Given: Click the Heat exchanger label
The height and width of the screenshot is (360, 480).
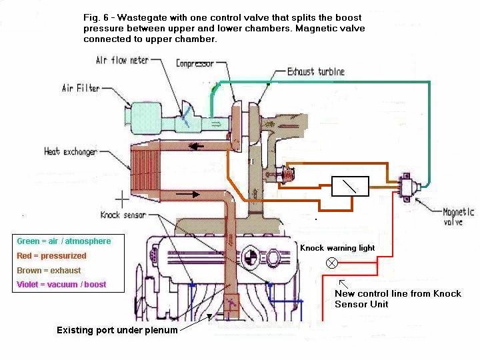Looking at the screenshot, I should pos(71,151).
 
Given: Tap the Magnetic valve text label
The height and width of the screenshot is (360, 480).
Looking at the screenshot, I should pos(458,217).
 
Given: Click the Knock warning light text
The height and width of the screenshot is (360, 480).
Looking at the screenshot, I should pos(337,248).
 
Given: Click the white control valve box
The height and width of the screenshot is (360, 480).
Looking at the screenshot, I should pos(350,187).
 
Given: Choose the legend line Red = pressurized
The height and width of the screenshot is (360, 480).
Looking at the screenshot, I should pos(51,255).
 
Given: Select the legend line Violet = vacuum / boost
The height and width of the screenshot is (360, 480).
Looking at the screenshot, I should pos(61,285).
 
